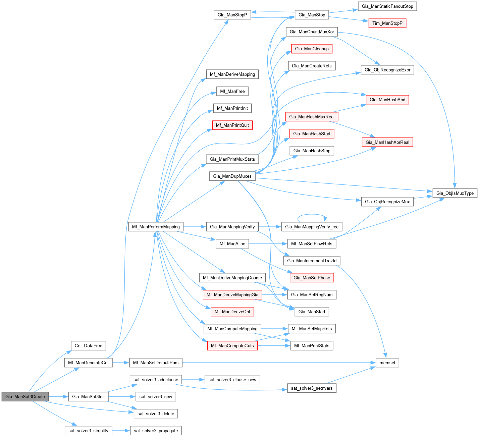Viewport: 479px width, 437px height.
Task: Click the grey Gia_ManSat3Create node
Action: point(25,396)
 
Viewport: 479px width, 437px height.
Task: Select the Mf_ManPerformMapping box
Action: point(156,227)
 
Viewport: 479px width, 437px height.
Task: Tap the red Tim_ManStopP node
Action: point(387,23)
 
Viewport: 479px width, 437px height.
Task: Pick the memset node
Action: point(387,363)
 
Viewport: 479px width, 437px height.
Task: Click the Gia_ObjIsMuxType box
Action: point(455,193)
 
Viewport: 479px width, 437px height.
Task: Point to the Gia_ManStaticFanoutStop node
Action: point(387,6)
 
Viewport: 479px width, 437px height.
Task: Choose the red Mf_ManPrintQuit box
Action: point(232,125)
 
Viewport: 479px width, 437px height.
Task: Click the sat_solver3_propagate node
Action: point(156,431)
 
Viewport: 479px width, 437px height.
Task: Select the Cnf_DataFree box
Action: point(88,345)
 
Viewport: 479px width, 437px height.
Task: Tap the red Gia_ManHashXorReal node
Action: point(387,142)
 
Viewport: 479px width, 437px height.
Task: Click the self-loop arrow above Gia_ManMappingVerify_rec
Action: point(312,215)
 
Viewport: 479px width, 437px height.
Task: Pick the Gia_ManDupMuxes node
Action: point(232,176)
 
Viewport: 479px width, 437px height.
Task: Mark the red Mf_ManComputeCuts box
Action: point(232,345)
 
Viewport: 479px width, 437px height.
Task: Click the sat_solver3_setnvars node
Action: point(312,388)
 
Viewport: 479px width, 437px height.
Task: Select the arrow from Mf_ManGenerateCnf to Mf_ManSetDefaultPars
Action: point(121,363)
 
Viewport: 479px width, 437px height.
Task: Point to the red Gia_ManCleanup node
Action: point(312,49)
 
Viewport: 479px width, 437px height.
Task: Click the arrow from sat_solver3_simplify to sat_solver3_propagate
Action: point(121,431)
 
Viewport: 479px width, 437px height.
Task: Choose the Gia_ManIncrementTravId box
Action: point(312,261)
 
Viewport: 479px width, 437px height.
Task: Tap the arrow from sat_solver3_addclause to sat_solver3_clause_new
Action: point(193,380)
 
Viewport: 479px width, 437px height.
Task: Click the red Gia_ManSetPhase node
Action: point(312,278)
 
